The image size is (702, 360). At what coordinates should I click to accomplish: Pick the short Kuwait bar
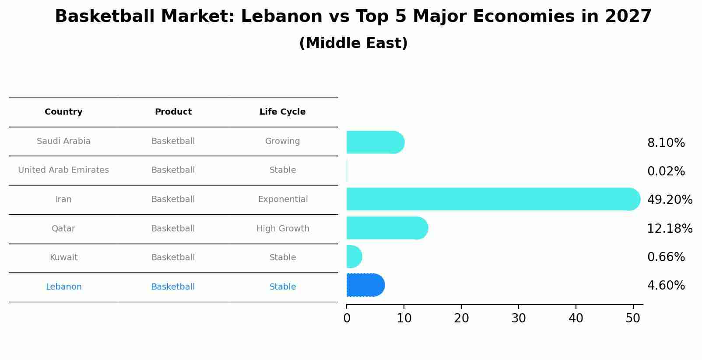click(x=354, y=256)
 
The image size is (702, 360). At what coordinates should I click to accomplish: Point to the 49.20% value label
click(x=669, y=200)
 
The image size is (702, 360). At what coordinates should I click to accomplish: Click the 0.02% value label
click(x=666, y=171)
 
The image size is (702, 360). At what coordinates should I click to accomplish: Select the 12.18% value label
click(x=669, y=228)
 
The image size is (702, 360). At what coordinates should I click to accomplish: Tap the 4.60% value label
click(x=666, y=286)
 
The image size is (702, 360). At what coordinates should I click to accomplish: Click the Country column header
click(x=63, y=112)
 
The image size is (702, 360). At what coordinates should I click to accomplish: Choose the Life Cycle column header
click(x=282, y=112)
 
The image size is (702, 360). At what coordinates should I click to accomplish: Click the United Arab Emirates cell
click(x=63, y=170)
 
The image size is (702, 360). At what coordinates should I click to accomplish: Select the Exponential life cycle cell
click(x=283, y=199)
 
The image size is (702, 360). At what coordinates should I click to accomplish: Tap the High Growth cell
click(x=283, y=228)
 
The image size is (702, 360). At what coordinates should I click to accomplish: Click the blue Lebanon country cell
click(x=63, y=287)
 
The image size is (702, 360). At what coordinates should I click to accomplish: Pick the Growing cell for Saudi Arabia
click(x=282, y=141)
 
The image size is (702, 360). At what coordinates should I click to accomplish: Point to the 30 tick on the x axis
click(x=519, y=318)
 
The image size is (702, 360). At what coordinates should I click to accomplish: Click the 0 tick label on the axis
click(x=347, y=318)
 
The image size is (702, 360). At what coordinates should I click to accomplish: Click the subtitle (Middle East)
click(x=353, y=43)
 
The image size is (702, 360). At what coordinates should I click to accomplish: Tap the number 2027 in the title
click(x=628, y=17)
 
